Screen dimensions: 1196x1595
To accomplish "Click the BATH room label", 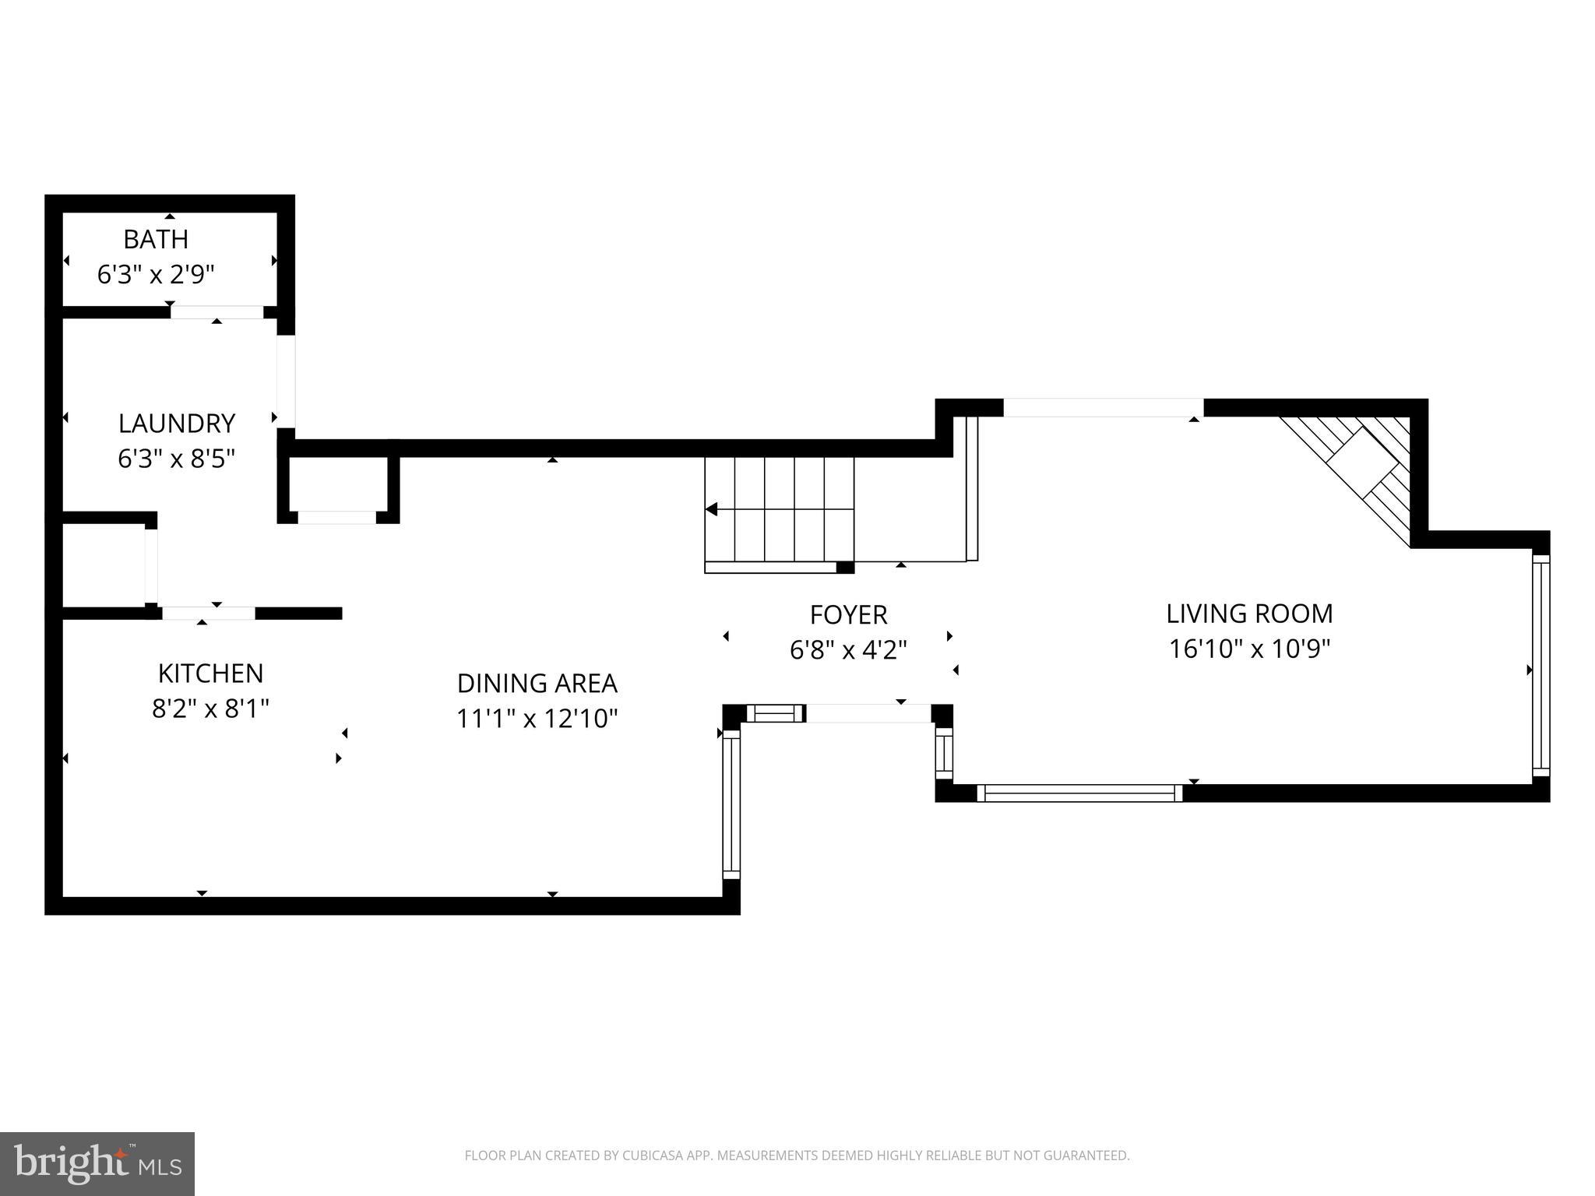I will (156, 239).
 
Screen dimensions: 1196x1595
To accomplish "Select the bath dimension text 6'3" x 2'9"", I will (156, 274).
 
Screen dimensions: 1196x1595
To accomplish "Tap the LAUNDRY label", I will (177, 424).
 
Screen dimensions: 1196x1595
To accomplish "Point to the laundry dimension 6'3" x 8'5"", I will (177, 459).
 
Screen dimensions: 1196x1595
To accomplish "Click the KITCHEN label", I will (210, 674).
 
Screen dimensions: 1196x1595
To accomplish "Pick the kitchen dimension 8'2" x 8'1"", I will (210, 709).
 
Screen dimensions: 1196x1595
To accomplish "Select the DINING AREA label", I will (537, 684).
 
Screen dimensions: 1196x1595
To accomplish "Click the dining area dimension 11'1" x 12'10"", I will (537, 718).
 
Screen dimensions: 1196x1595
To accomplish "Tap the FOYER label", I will (848, 615).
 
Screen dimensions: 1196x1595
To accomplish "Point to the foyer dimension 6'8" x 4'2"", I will (848, 649).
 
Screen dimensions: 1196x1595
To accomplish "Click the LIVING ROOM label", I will (1249, 614).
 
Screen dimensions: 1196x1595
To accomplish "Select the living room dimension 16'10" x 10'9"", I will (1249, 649).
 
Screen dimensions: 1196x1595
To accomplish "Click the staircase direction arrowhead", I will (711, 509).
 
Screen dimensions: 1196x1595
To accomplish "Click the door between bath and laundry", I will (217, 312).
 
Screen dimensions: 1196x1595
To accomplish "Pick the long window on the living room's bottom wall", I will (1079, 793).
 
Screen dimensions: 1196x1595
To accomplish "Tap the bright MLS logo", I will (97, 1163).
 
